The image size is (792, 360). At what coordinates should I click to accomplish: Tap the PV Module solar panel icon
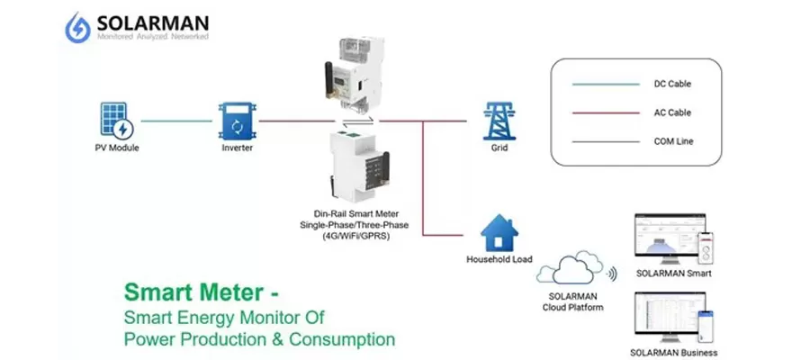click(117, 120)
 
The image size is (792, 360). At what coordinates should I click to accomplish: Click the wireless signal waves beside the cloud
click(613, 272)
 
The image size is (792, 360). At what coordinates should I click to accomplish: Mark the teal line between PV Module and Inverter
click(177, 120)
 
